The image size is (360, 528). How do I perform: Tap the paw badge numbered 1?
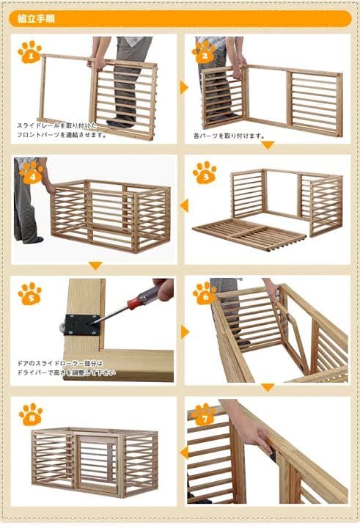pos(29,52)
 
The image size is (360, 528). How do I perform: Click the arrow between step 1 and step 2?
pos(185,88)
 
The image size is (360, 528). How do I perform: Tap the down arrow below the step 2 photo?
pos(268,145)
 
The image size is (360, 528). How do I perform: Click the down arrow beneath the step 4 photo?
pos(95,266)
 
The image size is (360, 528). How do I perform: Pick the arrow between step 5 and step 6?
pos(185,331)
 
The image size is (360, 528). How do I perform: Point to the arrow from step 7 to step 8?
pos(184,452)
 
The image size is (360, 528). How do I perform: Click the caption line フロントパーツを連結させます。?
pos(62,135)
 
